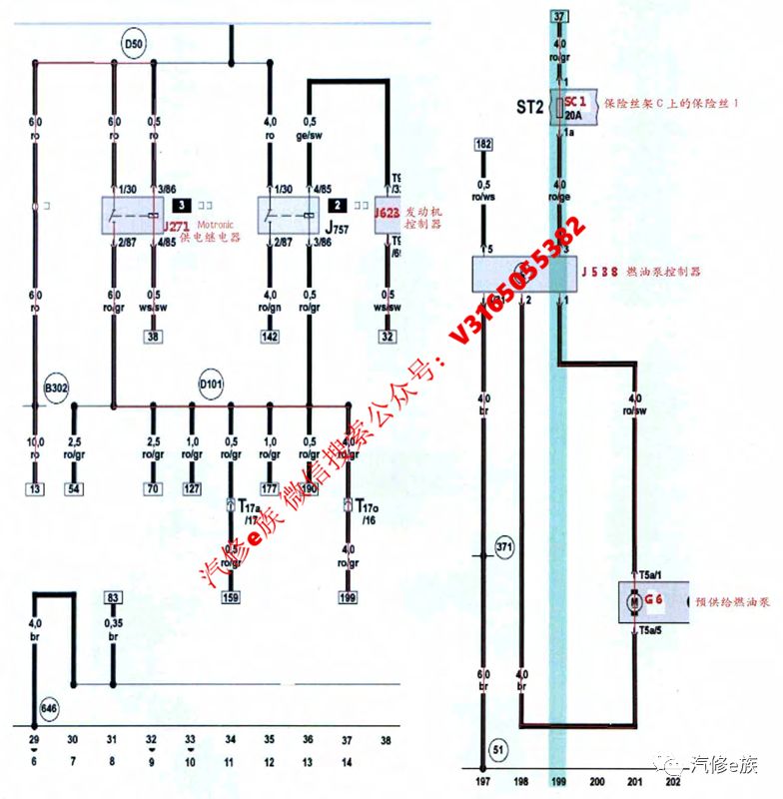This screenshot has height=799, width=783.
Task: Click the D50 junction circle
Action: pos(133,45)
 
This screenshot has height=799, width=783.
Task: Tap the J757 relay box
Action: pos(290,214)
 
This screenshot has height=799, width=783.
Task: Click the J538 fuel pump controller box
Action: pos(525,272)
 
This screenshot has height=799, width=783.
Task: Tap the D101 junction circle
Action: pos(211,385)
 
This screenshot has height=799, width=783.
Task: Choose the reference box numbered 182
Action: pos(484,146)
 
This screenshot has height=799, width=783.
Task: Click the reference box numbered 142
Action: pos(270,338)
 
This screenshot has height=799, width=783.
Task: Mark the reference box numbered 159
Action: pos(231,598)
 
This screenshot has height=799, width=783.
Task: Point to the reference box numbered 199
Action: pos(348,598)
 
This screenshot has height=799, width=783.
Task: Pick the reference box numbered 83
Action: pos(113,597)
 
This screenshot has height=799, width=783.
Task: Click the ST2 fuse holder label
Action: pos(530,106)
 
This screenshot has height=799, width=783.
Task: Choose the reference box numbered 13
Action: pos(35,490)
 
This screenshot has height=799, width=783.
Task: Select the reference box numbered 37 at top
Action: pos(559,17)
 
